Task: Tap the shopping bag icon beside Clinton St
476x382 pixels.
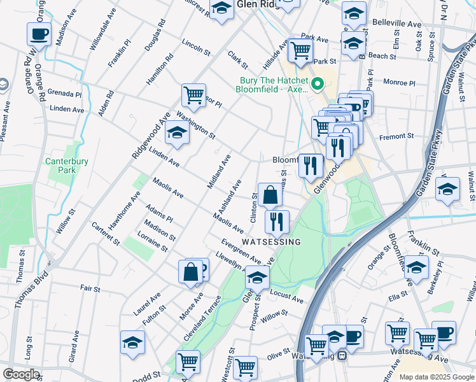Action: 270,195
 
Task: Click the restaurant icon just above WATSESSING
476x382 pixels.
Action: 277,221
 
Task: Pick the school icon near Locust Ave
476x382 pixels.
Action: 257,278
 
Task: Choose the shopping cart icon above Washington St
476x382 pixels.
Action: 193,95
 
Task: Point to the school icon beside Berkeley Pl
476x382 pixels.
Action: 416,267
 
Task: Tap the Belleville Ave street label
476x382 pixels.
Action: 397,24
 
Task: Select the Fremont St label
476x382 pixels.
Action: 396,136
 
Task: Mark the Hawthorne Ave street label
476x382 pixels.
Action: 124,211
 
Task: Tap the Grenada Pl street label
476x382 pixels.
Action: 64,94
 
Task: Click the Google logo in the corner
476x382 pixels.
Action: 21,374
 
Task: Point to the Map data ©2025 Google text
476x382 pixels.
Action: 436,377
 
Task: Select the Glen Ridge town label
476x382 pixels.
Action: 255,4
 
